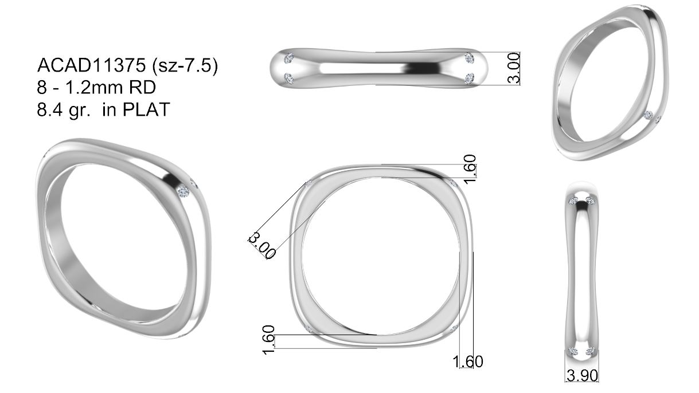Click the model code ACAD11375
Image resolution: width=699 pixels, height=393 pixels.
click(91, 65)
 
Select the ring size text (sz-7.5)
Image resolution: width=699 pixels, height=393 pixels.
click(185, 66)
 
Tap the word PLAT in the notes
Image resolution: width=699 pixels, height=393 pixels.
click(146, 109)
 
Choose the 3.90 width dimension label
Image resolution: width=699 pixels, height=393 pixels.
click(582, 376)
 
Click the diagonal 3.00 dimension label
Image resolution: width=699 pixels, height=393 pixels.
click(262, 245)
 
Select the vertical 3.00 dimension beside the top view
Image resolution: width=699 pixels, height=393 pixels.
click(514, 68)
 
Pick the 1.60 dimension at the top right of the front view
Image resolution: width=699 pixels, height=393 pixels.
click(470, 170)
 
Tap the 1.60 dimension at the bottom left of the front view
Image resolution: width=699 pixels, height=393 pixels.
click(269, 340)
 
